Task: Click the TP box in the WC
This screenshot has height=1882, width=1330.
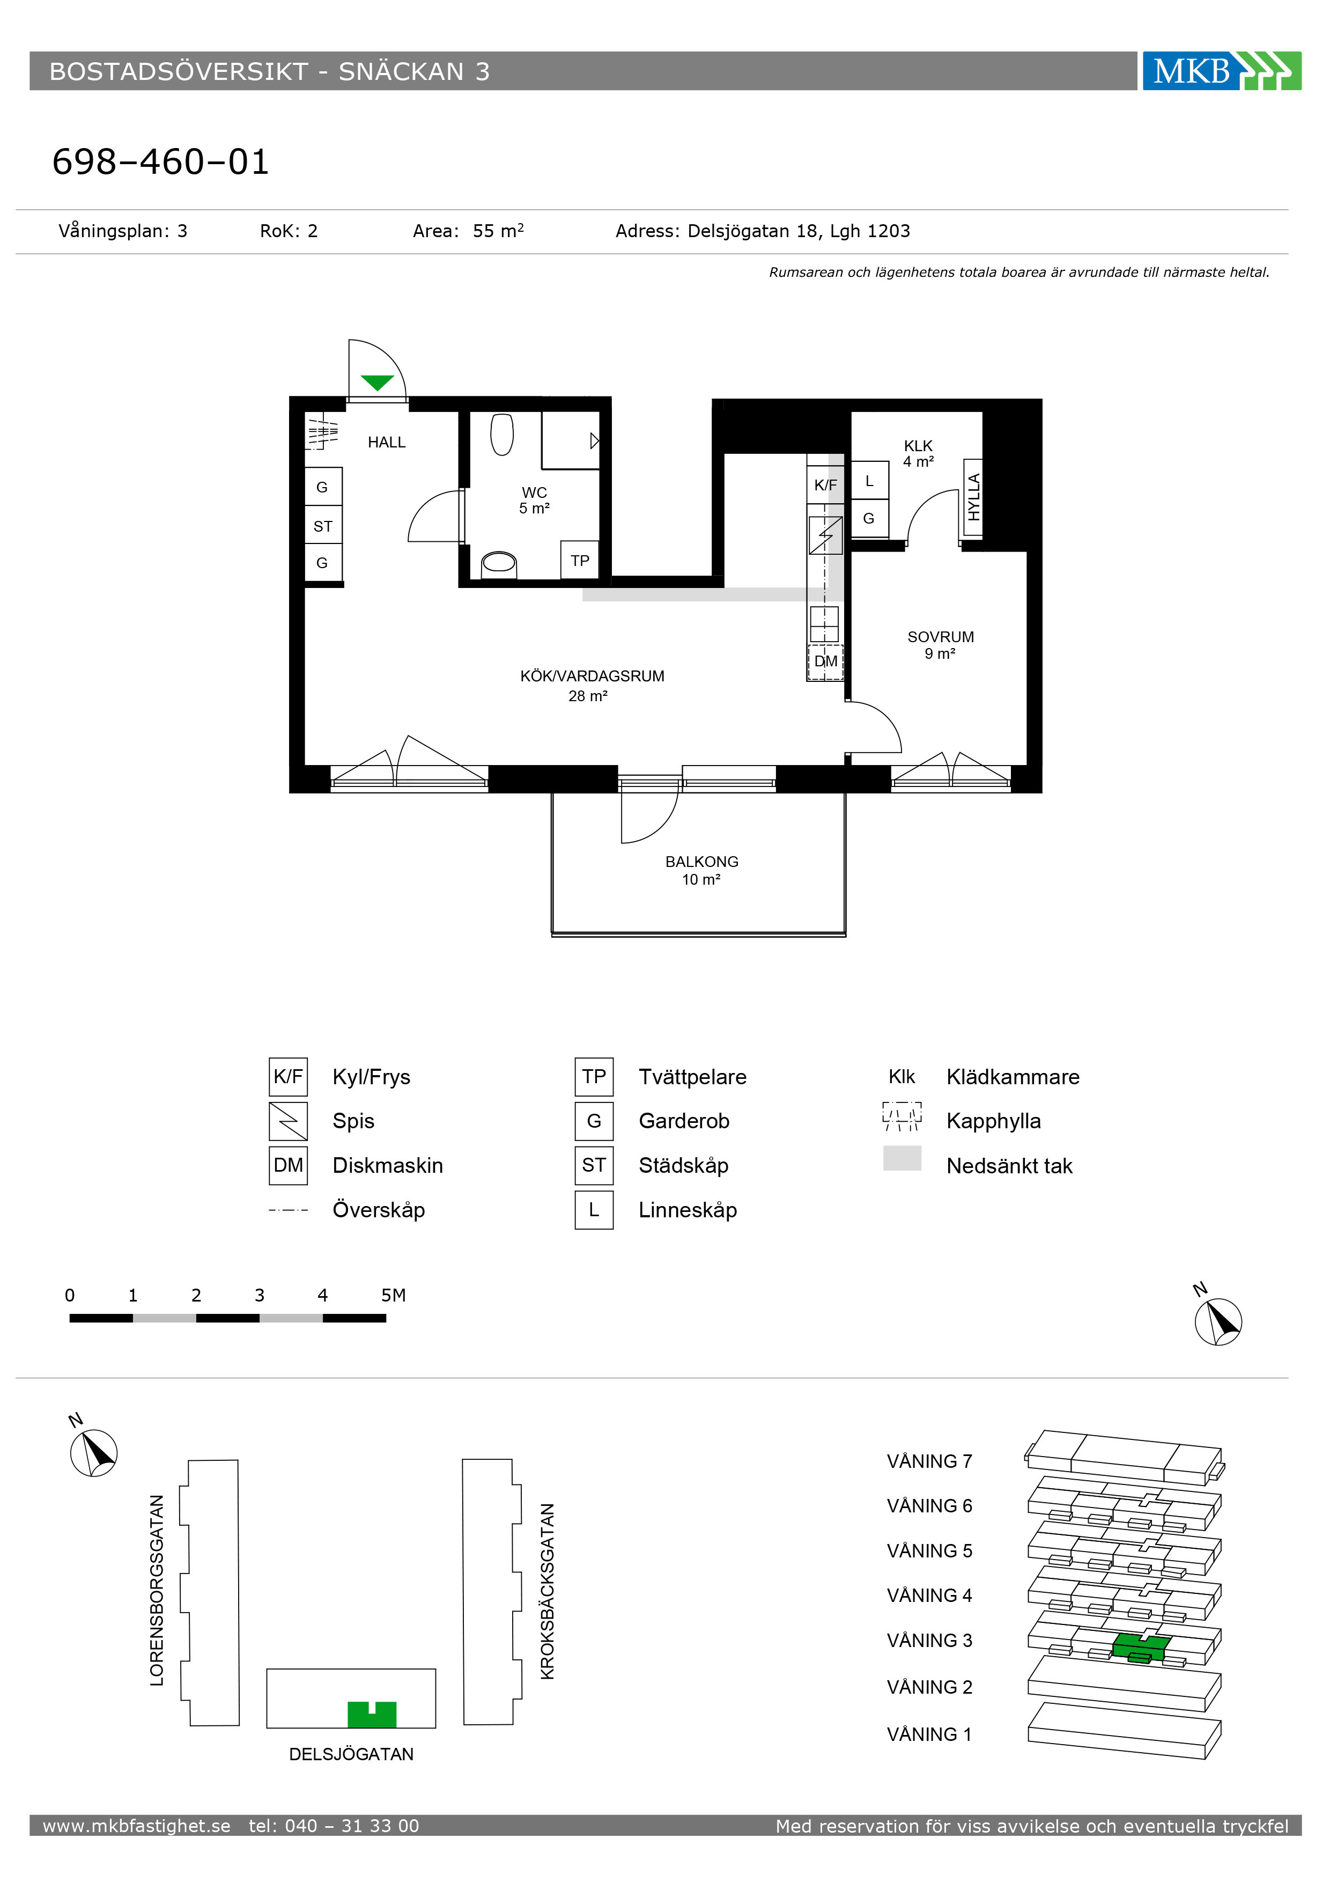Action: (580, 561)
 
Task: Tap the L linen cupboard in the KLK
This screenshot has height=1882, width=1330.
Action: (869, 481)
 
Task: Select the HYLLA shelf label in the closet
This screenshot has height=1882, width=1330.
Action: (973, 497)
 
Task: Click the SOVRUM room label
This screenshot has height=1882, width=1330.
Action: (941, 637)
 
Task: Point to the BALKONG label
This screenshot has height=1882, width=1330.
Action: (701, 862)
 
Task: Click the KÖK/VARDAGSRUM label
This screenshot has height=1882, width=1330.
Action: (592, 676)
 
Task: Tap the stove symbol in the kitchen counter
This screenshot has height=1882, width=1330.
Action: (825, 535)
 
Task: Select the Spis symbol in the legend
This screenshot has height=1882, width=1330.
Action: (289, 1121)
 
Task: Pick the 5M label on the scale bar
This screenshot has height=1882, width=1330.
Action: (393, 1295)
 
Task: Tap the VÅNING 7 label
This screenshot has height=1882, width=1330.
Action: (929, 1461)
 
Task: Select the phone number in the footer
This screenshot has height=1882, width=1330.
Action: (334, 1826)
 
